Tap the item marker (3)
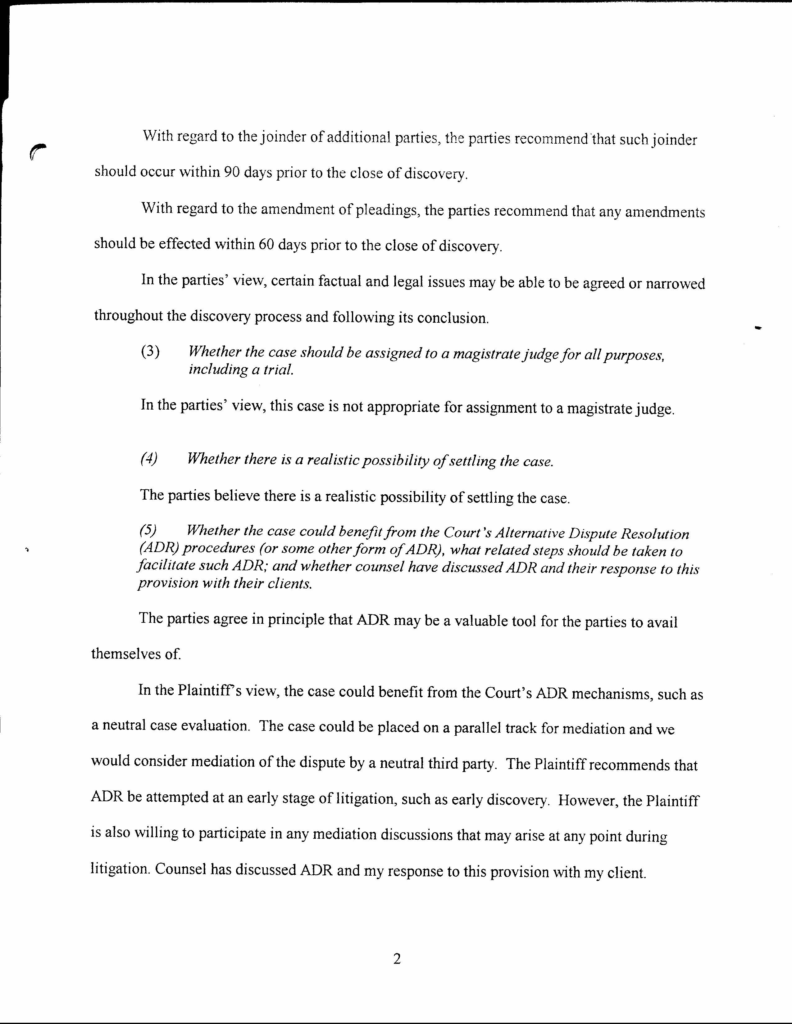tap(150, 352)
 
